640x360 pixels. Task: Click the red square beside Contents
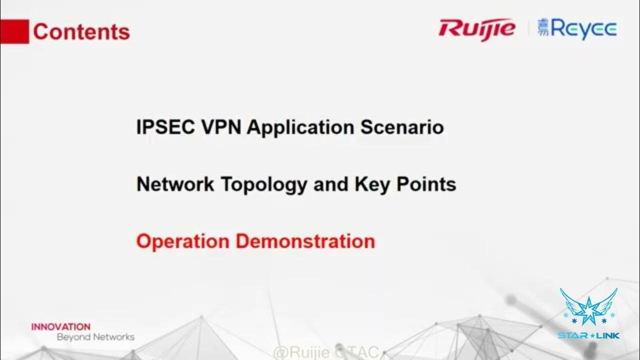click(14, 31)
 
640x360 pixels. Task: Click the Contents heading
click(81, 32)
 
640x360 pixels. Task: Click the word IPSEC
click(165, 127)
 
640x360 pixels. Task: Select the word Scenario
click(402, 127)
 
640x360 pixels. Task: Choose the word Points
click(426, 184)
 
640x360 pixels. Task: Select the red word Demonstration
click(305, 241)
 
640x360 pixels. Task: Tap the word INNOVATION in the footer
click(61, 327)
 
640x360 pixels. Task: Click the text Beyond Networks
click(95, 337)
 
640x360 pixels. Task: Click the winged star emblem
click(588, 307)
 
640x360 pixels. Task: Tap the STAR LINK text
click(588, 335)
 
